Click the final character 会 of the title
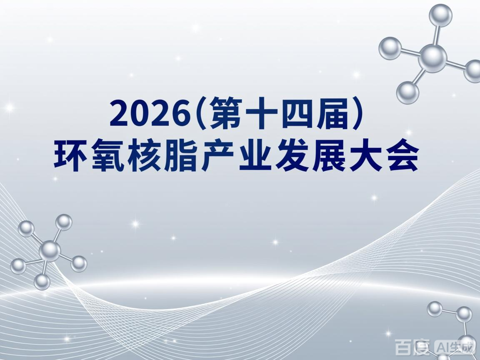(x=400, y=156)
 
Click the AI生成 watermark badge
(x=455, y=347)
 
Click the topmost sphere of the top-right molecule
(x=440, y=15)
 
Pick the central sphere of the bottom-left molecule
(x=50, y=251)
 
